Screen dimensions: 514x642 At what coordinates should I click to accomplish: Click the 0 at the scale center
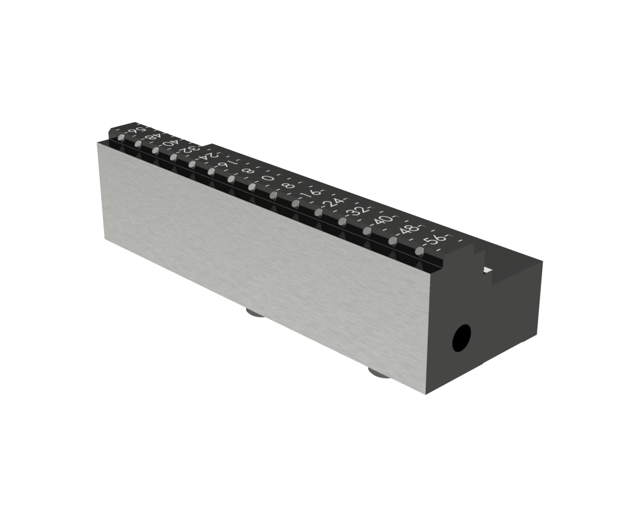point(268,179)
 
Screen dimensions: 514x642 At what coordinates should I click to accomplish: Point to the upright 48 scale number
point(407,230)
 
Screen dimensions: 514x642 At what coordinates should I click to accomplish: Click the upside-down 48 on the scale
point(151,137)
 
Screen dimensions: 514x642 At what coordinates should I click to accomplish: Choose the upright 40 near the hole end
point(383,220)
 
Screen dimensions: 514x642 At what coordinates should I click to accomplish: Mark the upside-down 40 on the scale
point(170,143)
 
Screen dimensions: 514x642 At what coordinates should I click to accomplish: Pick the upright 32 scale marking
point(358,211)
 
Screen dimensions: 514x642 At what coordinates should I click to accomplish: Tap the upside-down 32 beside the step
point(190,149)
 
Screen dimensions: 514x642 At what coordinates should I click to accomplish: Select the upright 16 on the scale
point(311,193)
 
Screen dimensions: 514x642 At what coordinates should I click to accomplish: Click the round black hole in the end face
point(462,338)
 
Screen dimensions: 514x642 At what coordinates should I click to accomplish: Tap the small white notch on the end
point(487,271)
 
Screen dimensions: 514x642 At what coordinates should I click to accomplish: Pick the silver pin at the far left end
point(121,139)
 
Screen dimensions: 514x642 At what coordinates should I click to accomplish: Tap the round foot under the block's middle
point(257,314)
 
